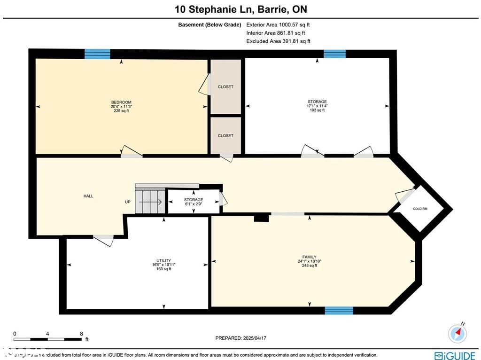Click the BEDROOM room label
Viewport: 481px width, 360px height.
121,102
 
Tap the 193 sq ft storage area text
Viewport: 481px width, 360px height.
317,110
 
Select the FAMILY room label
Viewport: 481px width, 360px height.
309,257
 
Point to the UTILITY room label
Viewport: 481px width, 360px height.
163,260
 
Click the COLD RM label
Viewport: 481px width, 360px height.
420,209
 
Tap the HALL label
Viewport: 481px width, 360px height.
88,196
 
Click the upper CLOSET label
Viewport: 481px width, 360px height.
225,87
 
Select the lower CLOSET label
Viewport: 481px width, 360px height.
225,136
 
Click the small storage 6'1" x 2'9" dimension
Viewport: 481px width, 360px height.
194,204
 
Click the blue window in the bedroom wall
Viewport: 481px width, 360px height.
97,54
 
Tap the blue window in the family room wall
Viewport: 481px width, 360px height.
339,310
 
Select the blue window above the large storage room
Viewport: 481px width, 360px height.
334,54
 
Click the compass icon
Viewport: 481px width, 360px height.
458,333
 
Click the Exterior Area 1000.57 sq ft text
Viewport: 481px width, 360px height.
278,24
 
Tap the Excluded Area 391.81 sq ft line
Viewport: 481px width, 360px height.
278,41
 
